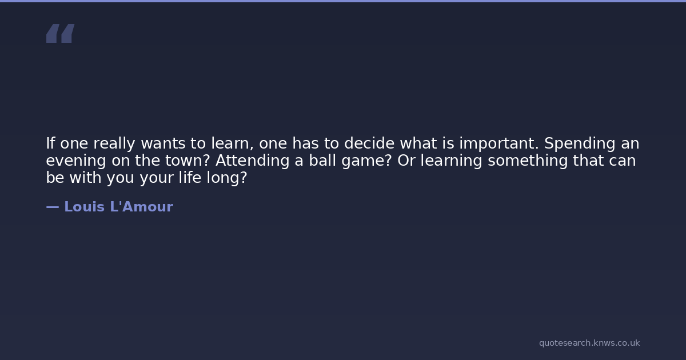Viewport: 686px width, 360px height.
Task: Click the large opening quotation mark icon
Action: tap(61, 33)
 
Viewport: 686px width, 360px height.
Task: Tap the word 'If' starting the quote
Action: tap(50, 143)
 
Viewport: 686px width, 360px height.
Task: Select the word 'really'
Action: tap(114, 144)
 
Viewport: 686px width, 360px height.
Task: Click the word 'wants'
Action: tap(163, 143)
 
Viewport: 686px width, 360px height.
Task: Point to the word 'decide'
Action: tap(369, 143)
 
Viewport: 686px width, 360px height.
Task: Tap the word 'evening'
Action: tap(76, 161)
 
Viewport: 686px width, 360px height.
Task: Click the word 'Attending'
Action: tap(252, 161)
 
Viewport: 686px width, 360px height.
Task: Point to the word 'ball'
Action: tap(322, 160)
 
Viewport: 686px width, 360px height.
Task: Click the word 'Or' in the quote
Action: tap(406, 161)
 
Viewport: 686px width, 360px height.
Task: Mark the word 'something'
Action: tap(528, 161)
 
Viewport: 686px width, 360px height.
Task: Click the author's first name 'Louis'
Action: tap(85, 207)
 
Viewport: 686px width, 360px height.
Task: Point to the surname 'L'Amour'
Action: tap(142, 207)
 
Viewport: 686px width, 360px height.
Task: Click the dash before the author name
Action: tap(53, 207)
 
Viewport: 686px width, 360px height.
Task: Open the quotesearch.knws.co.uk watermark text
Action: tap(589, 343)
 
